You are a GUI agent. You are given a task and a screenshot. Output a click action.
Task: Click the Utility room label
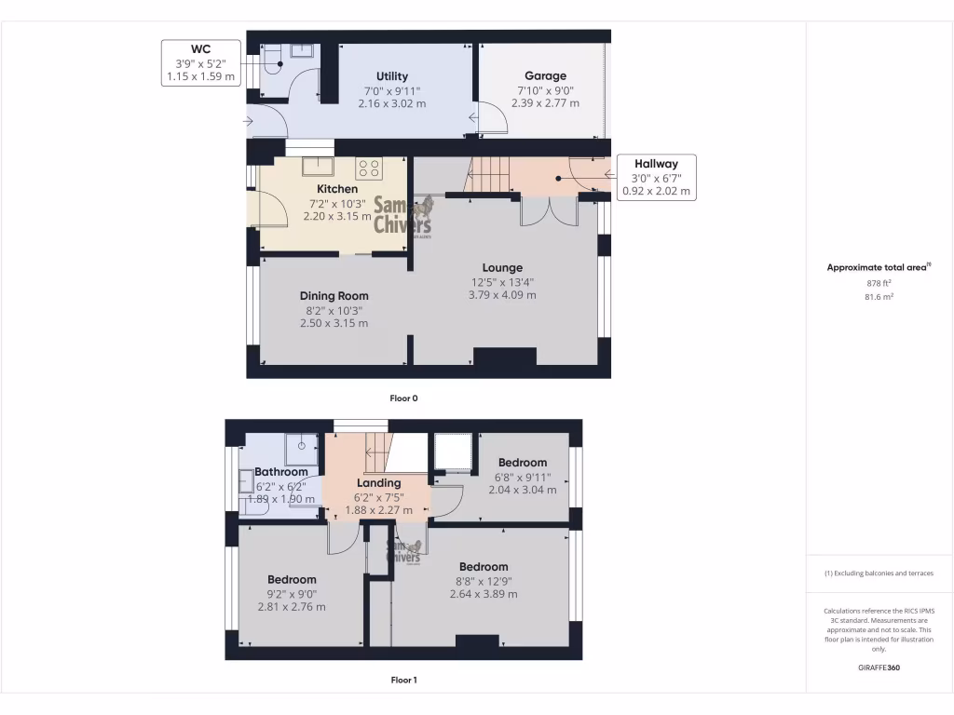click(x=392, y=76)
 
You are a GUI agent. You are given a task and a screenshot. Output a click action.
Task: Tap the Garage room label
click(x=545, y=76)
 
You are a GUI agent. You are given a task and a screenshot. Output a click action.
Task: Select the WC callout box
click(x=201, y=63)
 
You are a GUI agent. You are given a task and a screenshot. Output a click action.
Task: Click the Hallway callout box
click(x=656, y=178)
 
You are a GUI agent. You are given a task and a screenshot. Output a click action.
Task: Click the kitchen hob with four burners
click(x=370, y=169)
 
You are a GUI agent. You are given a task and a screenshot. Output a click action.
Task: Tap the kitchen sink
click(x=318, y=167)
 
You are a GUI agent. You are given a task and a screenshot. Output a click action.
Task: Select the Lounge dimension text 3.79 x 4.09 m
click(x=502, y=295)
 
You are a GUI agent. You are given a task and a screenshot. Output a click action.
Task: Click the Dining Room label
click(x=334, y=296)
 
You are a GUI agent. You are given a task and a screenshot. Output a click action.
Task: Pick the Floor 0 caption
click(x=403, y=398)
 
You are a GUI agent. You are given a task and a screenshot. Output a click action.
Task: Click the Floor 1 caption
click(x=403, y=680)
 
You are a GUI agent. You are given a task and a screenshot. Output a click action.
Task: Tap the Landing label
click(x=379, y=482)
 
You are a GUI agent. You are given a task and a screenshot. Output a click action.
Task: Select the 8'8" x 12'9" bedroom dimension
click(x=483, y=581)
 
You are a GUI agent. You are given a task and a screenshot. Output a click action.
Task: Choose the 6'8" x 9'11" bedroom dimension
click(x=522, y=477)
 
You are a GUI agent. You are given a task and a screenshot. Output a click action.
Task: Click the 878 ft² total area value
click(x=879, y=282)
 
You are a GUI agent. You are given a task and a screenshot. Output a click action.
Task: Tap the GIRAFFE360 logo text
click(x=879, y=668)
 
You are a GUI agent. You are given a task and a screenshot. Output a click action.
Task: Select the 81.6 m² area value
click(x=879, y=296)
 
